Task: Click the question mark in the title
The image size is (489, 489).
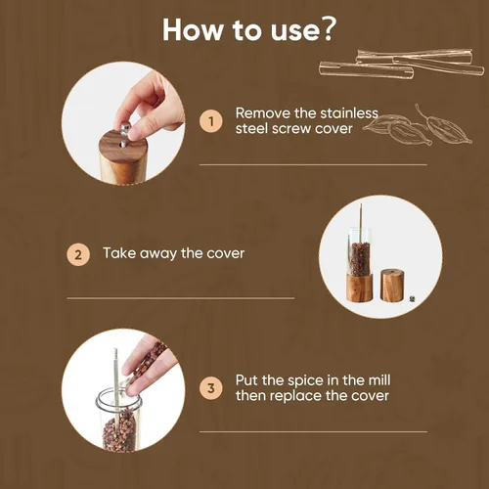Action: (326, 29)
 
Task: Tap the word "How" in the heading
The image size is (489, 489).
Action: (193, 30)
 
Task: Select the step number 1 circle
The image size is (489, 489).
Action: (211, 121)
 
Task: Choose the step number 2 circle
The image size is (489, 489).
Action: (78, 254)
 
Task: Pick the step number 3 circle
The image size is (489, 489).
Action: (211, 388)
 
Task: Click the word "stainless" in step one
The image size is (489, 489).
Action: (349, 113)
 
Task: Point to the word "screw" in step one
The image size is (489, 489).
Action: (291, 129)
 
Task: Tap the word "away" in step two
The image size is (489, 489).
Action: (157, 254)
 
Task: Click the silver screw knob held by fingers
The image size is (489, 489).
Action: (125, 127)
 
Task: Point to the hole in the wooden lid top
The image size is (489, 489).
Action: (123, 144)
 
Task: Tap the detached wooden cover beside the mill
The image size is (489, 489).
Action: (392, 285)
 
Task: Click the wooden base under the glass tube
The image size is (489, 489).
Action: (359, 288)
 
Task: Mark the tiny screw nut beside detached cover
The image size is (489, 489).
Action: (413, 298)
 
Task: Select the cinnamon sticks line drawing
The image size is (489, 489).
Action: (402, 64)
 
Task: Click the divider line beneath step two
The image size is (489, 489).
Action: (181, 298)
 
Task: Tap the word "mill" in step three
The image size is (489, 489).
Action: (378, 380)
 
